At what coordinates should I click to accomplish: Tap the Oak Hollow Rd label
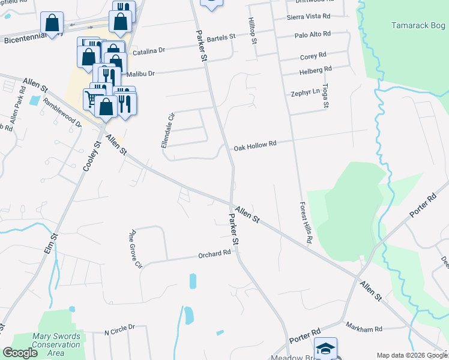tap(255, 145)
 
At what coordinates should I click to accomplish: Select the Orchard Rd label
tap(214, 254)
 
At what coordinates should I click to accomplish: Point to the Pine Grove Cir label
tap(135, 248)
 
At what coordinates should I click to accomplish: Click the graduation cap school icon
tap(325, 349)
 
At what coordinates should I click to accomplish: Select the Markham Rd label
tap(364, 328)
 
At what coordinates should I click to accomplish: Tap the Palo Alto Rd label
tap(312, 35)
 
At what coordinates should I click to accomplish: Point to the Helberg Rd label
tap(315, 70)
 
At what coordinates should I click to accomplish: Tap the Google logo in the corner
tap(20, 353)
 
